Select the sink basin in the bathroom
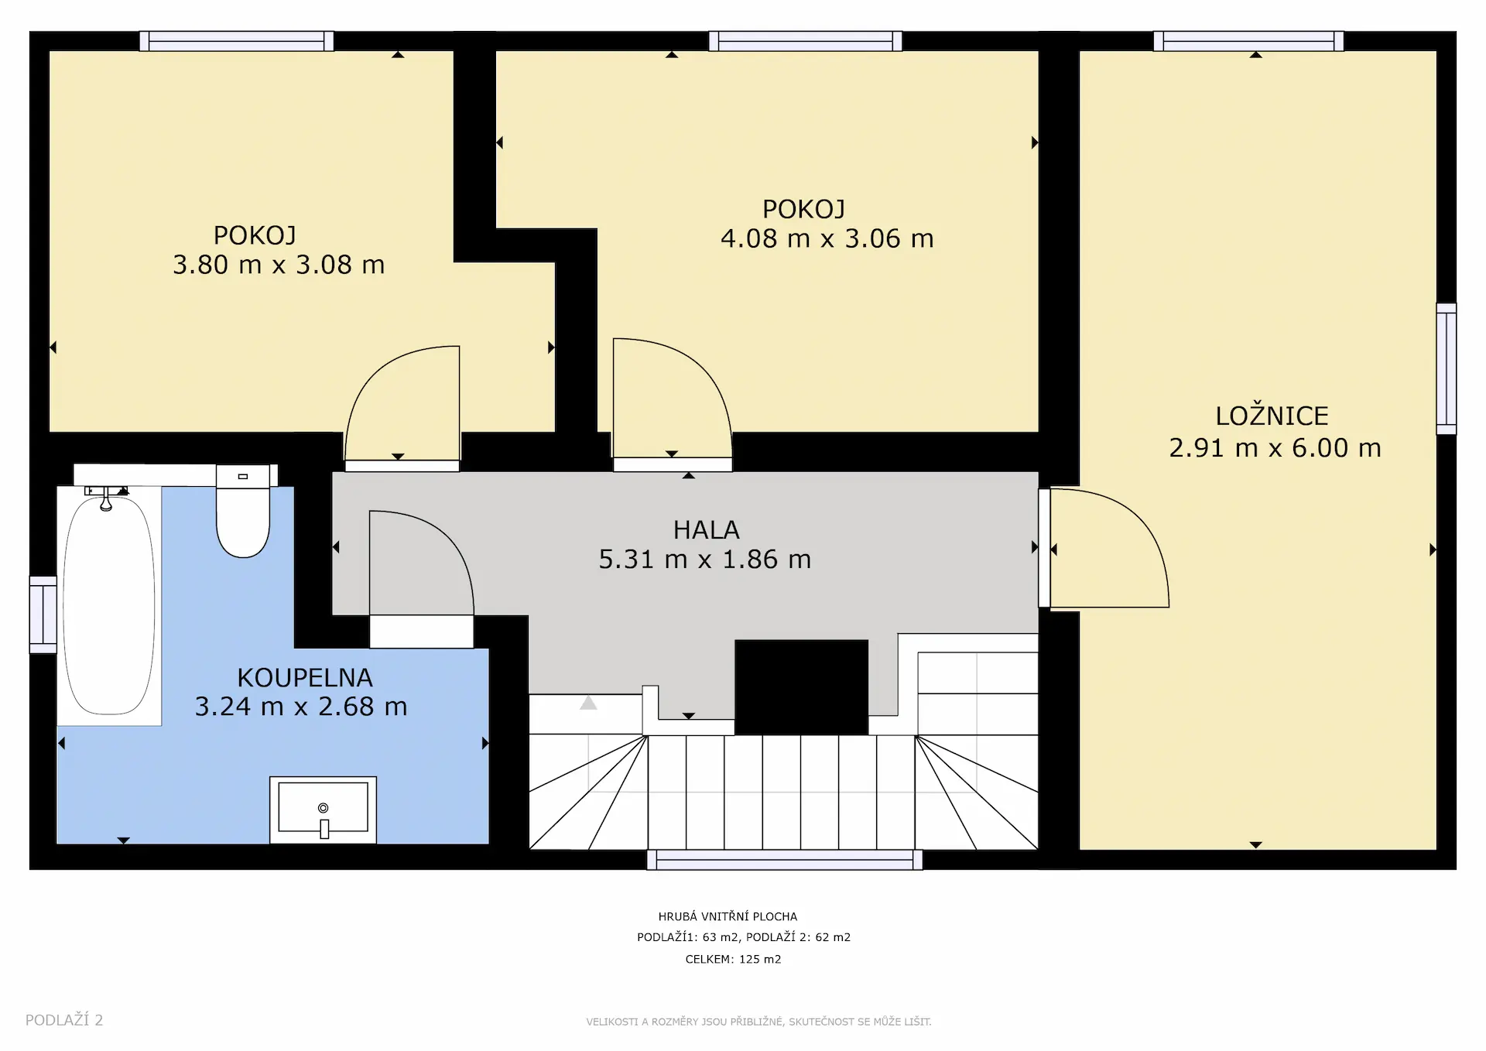click(323, 810)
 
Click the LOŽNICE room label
click(1272, 416)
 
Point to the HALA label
click(706, 530)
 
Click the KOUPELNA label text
click(305, 678)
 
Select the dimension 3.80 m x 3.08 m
click(279, 265)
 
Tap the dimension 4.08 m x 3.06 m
click(827, 238)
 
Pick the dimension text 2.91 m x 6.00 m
click(1275, 448)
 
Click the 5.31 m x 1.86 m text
click(704, 560)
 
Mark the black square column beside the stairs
click(801, 687)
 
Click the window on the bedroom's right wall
click(1446, 368)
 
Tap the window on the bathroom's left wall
click(43, 615)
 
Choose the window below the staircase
click(785, 860)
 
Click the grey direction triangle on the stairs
click(588, 703)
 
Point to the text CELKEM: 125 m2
click(733, 959)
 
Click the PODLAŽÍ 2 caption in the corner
click(64, 1020)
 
